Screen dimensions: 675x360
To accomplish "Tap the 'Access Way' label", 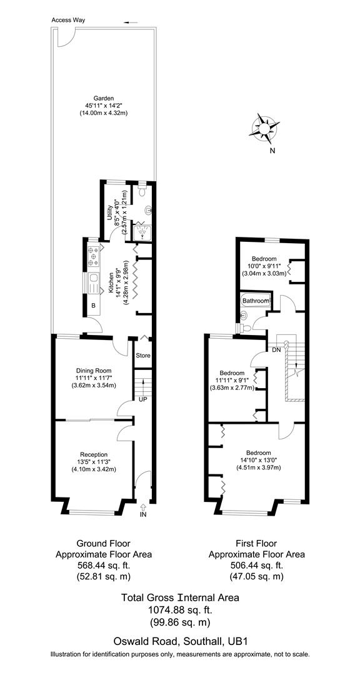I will click(x=69, y=20).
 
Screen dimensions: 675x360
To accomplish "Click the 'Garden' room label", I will click(x=103, y=98).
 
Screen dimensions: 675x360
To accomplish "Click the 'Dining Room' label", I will click(x=92, y=370).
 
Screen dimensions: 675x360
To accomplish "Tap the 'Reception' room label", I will click(x=94, y=454).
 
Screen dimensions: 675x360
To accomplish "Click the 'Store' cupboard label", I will click(x=143, y=356).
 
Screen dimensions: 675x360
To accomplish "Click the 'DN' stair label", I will click(x=276, y=350).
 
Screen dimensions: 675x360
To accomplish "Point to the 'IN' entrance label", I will click(x=143, y=514).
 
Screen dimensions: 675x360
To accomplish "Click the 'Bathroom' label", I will click(x=255, y=301).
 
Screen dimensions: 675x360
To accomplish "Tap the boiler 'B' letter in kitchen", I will click(x=93, y=306).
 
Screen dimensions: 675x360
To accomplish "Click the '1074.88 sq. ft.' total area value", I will click(x=179, y=609).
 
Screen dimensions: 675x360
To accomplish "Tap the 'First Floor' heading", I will click(x=256, y=544).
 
